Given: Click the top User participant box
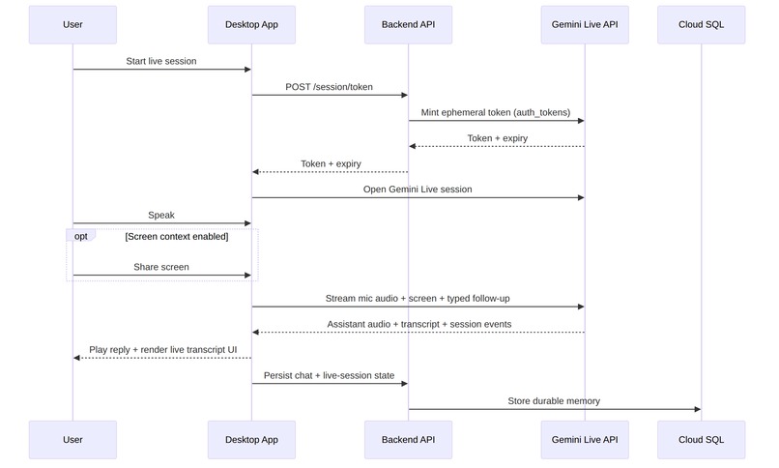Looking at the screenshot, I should (72, 24).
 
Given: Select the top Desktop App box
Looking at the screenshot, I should (251, 24).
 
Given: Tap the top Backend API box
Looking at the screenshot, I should (408, 24).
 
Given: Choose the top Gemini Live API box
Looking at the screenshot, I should (585, 24).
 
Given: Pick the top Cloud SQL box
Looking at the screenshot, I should (702, 24).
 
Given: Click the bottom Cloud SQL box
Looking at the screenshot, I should (702, 440).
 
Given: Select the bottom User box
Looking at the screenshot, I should (72, 440).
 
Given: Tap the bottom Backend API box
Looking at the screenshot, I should (408, 440).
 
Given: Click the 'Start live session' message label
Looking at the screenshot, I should (161, 61).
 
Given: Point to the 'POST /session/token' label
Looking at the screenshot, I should (329, 87).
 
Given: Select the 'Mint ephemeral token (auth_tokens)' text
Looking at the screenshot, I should (496, 112).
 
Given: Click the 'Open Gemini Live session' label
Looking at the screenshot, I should (418, 190).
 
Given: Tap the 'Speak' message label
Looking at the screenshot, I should (161, 215).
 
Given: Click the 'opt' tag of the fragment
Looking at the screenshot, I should (80, 236).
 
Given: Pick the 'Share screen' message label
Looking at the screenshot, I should (161, 267).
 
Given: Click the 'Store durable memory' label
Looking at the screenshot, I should (554, 400).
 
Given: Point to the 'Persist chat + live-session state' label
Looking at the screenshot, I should (329, 374).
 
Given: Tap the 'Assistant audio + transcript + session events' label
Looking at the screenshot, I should (418, 324).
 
